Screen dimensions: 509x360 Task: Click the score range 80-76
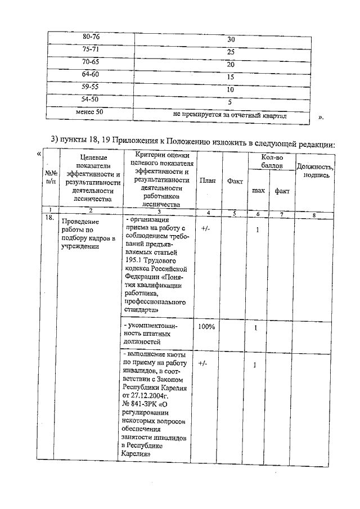pyautogui.click(x=91, y=37)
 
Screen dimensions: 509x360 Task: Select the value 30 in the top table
pyautogui.click(x=231, y=40)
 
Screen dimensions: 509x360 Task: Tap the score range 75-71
pyautogui.click(x=91, y=49)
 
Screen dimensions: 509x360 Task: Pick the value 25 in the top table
pyautogui.click(x=231, y=52)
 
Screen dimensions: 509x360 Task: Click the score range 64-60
pyautogui.click(x=91, y=74)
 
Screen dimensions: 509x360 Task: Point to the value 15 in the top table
pyautogui.click(x=231, y=77)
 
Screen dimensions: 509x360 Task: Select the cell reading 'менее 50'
pyautogui.click(x=89, y=112)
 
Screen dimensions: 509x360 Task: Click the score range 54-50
pyautogui.click(x=91, y=99)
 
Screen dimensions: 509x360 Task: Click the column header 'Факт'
pyautogui.click(x=235, y=182)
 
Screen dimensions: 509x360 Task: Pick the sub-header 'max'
pyautogui.click(x=258, y=191)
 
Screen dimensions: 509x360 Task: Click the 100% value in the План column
pyautogui.click(x=206, y=327)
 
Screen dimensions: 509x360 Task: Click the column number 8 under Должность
pyautogui.click(x=314, y=214)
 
